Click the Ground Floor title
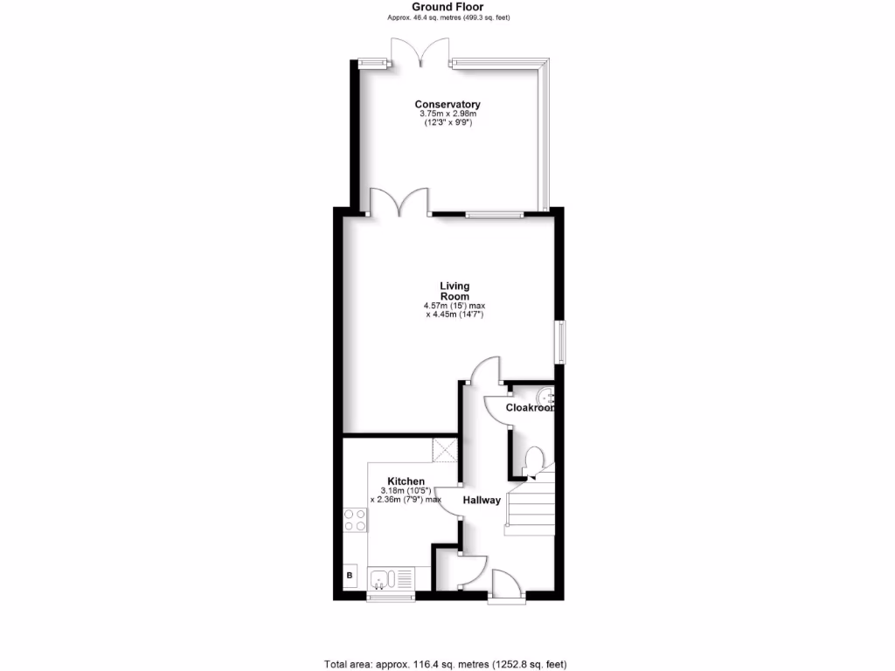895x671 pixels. (447, 6)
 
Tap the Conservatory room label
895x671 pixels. (447, 105)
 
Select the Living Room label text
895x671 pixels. (454, 291)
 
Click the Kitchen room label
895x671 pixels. (406, 481)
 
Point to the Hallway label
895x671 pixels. (482, 500)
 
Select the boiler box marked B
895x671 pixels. (350, 575)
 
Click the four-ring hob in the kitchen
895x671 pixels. (356, 520)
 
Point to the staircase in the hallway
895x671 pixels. (531, 507)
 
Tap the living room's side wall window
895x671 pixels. (560, 341)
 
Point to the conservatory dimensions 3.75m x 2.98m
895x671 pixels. (447, 114)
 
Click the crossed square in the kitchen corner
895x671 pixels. (445, 452)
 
